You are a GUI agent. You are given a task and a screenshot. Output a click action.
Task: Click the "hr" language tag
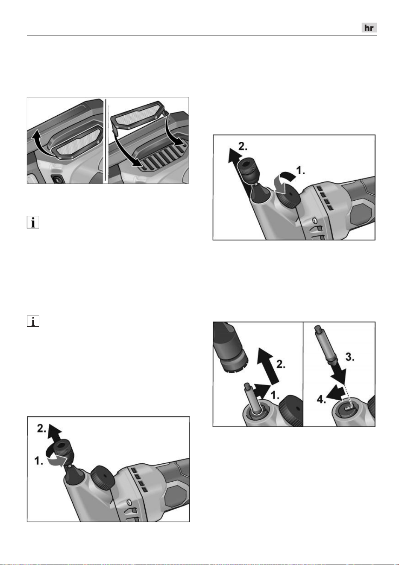click(x=369, y=27)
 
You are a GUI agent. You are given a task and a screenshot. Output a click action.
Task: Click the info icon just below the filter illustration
click(x=33, y=222)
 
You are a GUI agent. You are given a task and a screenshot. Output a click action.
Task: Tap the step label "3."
click(x=350, y=357)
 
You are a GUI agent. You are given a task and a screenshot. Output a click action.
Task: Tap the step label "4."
click(x=322, y=400)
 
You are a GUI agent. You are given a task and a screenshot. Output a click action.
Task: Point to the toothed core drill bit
click(x=231, y=348)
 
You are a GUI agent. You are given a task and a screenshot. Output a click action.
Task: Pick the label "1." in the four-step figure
click(x=275, y=395)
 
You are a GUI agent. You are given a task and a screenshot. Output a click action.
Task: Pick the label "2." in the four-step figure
click(x=281, y=364)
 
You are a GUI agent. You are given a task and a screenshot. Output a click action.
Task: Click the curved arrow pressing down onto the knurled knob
click(x=284, y=183)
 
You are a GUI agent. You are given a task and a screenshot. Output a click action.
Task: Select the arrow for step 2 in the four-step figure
click(x=268, y=366)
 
